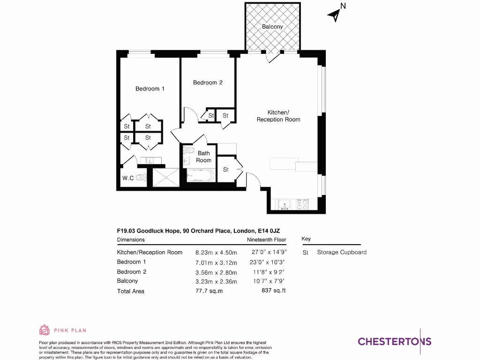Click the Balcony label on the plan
pyautogui.click(x=272, y=27)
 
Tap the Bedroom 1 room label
pyautogui.click(x=150, y=89)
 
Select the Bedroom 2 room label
pyautogui.click(x=208, y=82)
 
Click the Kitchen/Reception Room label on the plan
pyautogui.click(x=278, y=116)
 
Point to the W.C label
pyautogui.click(x=128, y=178)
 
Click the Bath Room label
pyautogui.click(x=204, y=157)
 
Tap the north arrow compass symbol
pyautogui.click(x=336, y=14)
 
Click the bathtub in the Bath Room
pyautogui.click(x=200, y=176)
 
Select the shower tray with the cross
pyautogui.click(x=165, y=177)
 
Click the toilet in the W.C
pyautogui.click(x=142, y=178)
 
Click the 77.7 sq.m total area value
pyautogui.click(x=209, y=291)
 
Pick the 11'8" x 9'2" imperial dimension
pyautogui.click(x=269, y=272)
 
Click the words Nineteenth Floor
pyautogui.click(x=266, y=240)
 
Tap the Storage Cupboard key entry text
pyautogui.click(x=342, y=252)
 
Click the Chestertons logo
pyautogui.click(x=394, y=341)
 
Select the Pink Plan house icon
pyautogui.click(x=44, y=330)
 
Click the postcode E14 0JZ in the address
pyautogui.click(x=269, y=231)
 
